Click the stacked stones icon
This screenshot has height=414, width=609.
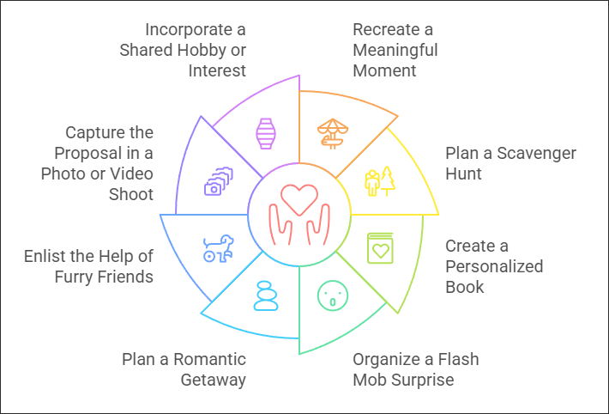[266, 295]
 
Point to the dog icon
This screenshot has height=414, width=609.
[218, 247]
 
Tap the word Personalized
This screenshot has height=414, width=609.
[494, 266]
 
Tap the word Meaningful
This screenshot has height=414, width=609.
[395, 49]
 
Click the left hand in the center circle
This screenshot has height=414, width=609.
[280, 225]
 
